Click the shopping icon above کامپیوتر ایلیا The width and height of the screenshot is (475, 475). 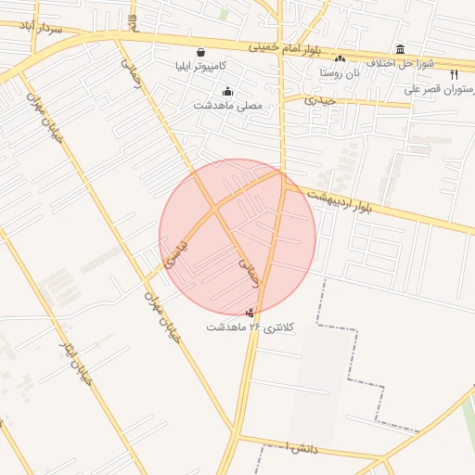tap(201, 52)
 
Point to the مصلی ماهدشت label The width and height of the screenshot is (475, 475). tap(228, 106)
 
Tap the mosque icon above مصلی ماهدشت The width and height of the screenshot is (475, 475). tap(228, 91)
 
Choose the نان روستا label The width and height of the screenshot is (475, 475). tap(340, 72)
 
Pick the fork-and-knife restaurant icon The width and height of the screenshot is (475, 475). tap(454, 75)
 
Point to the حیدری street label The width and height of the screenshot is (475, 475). tap(319, 98)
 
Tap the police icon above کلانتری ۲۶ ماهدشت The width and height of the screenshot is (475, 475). tap(250, 313)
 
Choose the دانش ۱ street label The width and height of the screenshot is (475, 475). tap(302, 448)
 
